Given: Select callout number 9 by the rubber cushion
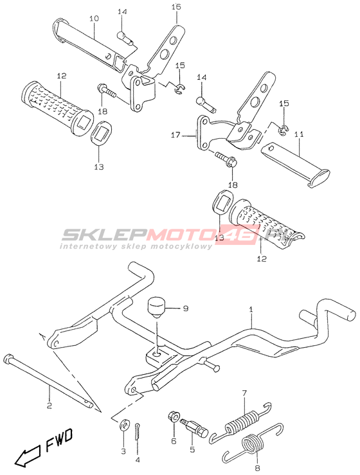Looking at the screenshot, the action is point(185,309).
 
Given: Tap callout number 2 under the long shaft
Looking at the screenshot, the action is point(50,405).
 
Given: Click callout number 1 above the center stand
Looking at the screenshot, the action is point(251,309).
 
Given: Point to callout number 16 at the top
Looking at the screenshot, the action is point(176,6).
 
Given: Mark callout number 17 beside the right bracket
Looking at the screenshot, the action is point(175,135).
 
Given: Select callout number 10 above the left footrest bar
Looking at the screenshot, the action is point(94,19).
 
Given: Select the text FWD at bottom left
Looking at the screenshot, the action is point(59,436).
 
